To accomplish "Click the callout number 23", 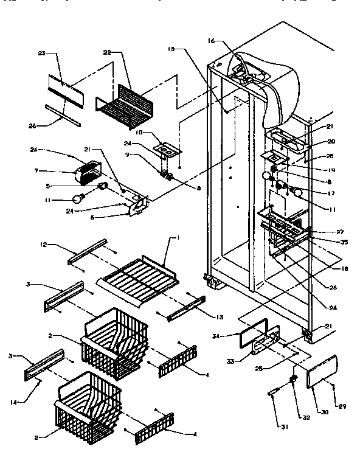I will [x=41, y=53].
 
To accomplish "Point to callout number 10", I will [x=139, y=133].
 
